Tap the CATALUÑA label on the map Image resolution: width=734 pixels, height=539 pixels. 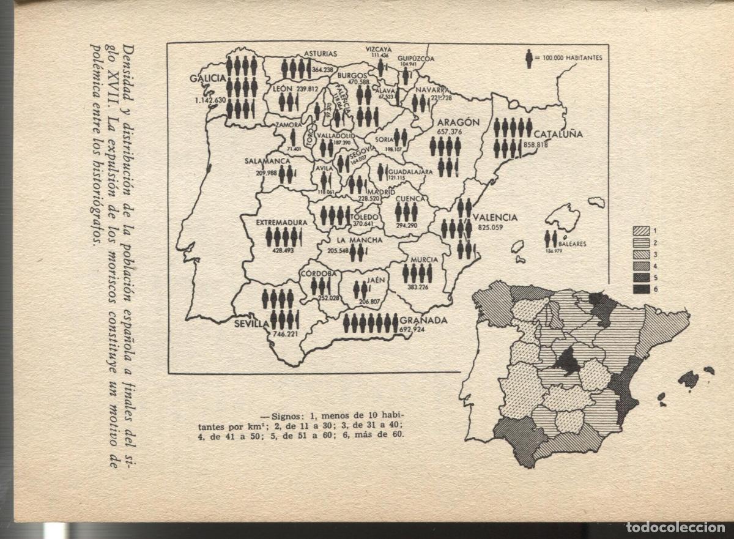(x=558, y=133)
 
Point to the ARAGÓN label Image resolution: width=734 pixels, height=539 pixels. (x=458, y=122)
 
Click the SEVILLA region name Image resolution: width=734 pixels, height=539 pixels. (x=251, y=324)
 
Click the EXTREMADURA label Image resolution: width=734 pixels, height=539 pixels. (x=281, y=223)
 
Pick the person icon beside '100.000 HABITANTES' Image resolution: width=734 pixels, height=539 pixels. (x=529, y=59)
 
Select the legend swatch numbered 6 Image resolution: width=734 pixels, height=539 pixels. (x=641, y=289)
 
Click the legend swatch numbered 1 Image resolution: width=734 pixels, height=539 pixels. (x=641, y=231)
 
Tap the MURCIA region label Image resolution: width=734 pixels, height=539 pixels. (x=424, y=259)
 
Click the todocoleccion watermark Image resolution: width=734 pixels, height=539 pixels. (x=675, y=528)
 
